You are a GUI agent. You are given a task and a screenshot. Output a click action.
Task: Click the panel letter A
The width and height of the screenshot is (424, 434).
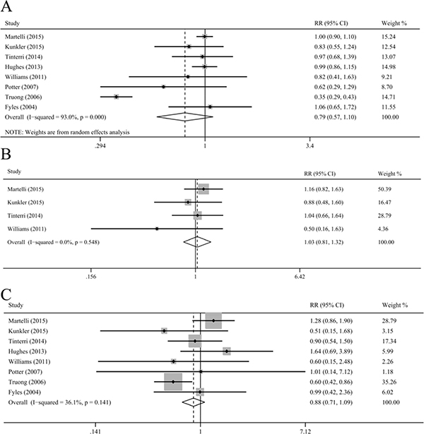pos(6,6)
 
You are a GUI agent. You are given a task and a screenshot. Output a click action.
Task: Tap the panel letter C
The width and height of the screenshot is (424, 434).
pos(6,294)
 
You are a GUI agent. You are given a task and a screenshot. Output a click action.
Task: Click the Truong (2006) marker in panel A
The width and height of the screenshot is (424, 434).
pos(116,97)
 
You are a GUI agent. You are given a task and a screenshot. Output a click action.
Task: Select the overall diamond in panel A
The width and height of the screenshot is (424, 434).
pos(185,117)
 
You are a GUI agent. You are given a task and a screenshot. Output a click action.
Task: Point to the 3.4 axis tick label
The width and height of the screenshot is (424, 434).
pos(310,146)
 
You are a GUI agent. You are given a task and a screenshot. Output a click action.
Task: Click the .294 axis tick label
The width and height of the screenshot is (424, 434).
pos(100,146)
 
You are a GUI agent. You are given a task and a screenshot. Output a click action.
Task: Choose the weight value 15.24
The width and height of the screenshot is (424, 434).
pos(389,37)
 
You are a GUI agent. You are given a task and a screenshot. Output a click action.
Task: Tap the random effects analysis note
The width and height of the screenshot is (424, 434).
pos(67,132)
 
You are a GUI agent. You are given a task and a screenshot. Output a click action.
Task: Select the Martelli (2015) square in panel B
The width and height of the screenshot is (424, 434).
pos(204,189)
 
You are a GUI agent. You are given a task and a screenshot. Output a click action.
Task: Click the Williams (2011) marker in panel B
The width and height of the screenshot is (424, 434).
pos(157,229)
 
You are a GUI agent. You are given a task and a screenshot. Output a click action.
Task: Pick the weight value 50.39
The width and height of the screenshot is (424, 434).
pos(384,189)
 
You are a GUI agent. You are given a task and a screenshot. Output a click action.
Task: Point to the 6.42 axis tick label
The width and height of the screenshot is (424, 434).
pos(300,277)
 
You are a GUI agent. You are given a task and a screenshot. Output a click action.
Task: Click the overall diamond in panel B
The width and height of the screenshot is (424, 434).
pos(197,242)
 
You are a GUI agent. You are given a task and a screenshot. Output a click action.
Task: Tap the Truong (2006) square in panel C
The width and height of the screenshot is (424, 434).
pos(173,382)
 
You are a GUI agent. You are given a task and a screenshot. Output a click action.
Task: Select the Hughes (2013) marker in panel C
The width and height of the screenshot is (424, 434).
pos(227,351)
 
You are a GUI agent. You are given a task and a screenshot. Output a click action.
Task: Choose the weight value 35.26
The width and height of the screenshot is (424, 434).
pos(389,382)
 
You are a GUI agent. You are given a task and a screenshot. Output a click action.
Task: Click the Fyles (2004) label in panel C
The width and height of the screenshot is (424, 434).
pos(25,392)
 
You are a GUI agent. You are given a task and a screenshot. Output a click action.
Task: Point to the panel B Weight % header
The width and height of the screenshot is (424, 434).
pos(389,174)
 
